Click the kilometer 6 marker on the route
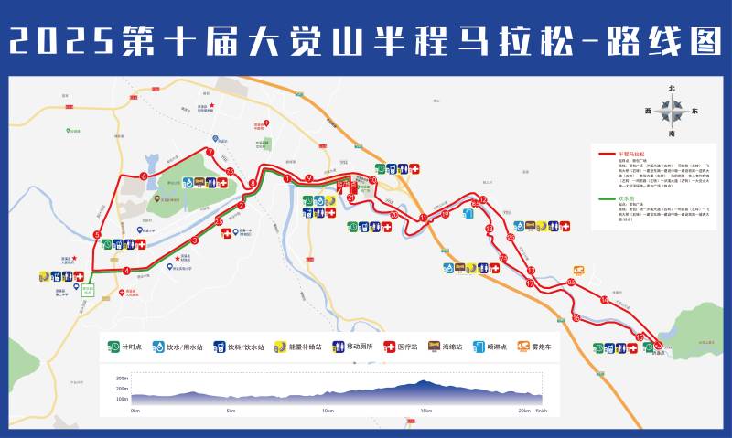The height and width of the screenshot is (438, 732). pyautogui.click(x=143, y=176)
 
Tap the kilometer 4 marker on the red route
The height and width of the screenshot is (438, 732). pyautogui.click(x=125, y=271)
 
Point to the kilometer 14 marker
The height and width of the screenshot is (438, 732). pyautogui.click(x=604, y=300)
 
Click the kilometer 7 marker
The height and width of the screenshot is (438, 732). pyautogui.click(x=210, y=152)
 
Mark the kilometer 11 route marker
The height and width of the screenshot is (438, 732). pyautogui.click(x=423, y=217)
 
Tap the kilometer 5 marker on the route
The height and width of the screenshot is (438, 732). pyautogui.click(x=96, y=235)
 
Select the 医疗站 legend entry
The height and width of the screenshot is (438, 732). pyautogui.click(x=403, y=347)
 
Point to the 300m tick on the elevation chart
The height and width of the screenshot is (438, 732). pyautogui.click(x=122, y=378)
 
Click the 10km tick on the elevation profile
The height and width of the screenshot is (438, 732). pyautogui.click(x=328, y=411)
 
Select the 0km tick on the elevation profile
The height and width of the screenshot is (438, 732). pyautogui.click(x=135, y=411)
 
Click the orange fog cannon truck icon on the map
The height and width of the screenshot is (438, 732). pyautogui.click(x=578, y=270)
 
